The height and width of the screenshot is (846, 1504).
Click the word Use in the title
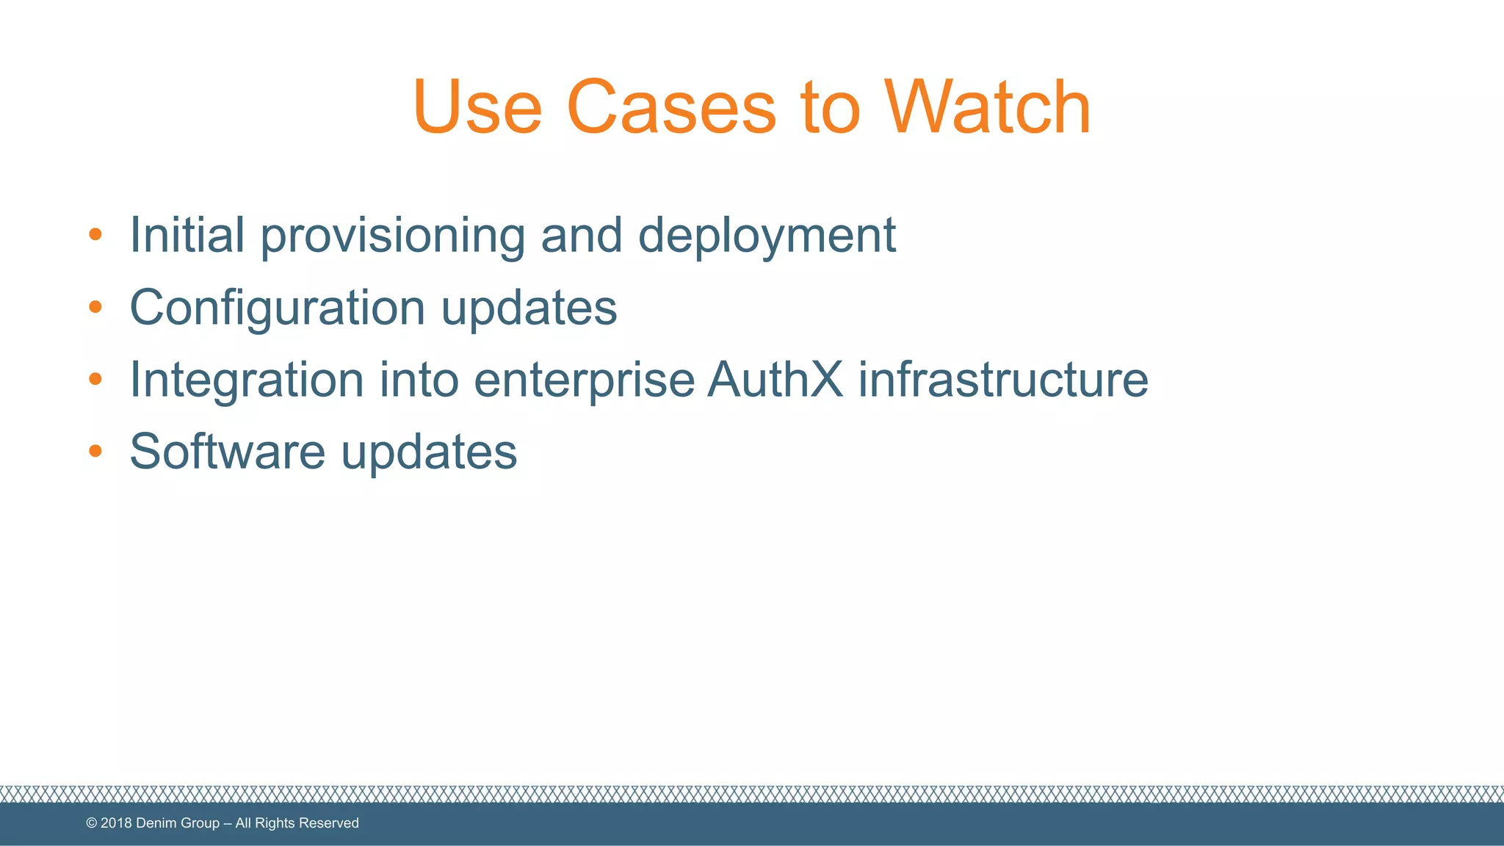pyautogui.click(x=477, y=108)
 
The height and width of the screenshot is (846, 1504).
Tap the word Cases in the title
pyautogui.click(x=671, y=108)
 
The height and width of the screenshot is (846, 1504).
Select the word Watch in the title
pyautogui.click(x=988, y=108)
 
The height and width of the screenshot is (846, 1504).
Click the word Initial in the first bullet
pyautogui.click(x=187, y=235)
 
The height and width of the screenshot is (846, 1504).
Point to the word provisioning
pyautogui.click(x=393, y=236)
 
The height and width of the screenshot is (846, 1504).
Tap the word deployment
pyautogui.click(x=767, y=236)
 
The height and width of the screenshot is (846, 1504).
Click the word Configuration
pyautogui.click(x=278, y=308)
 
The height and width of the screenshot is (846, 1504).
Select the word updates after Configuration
pyautogui.click(x=529, y=308)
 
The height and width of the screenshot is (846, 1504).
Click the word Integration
pyautogui.click(x=247, y=380)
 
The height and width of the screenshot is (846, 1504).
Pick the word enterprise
pyautogui.click(x=584, y=380)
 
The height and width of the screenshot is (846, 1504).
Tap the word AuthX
pyautogui.click(x=775, y=379)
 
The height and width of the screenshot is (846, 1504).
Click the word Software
pyautogui.click(x=228, y=451)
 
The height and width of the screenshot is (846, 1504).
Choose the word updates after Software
pyautogui.click(x=429, y=452)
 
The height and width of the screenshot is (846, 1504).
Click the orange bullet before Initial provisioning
pyautogui.click(x=95, y=235)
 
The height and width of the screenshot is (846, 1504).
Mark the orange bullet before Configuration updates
pyautogui.click(x=95, y=307)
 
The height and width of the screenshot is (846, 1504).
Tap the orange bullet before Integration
pyautogui.click(x=95, y=379)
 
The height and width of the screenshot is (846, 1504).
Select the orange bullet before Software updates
pyautogui.click(x=95, y=451)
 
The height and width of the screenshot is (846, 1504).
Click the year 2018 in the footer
pyautogui.click(x=116, y=823)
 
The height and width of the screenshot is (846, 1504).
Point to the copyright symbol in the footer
pyautogui.click(x=92, y=823)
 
